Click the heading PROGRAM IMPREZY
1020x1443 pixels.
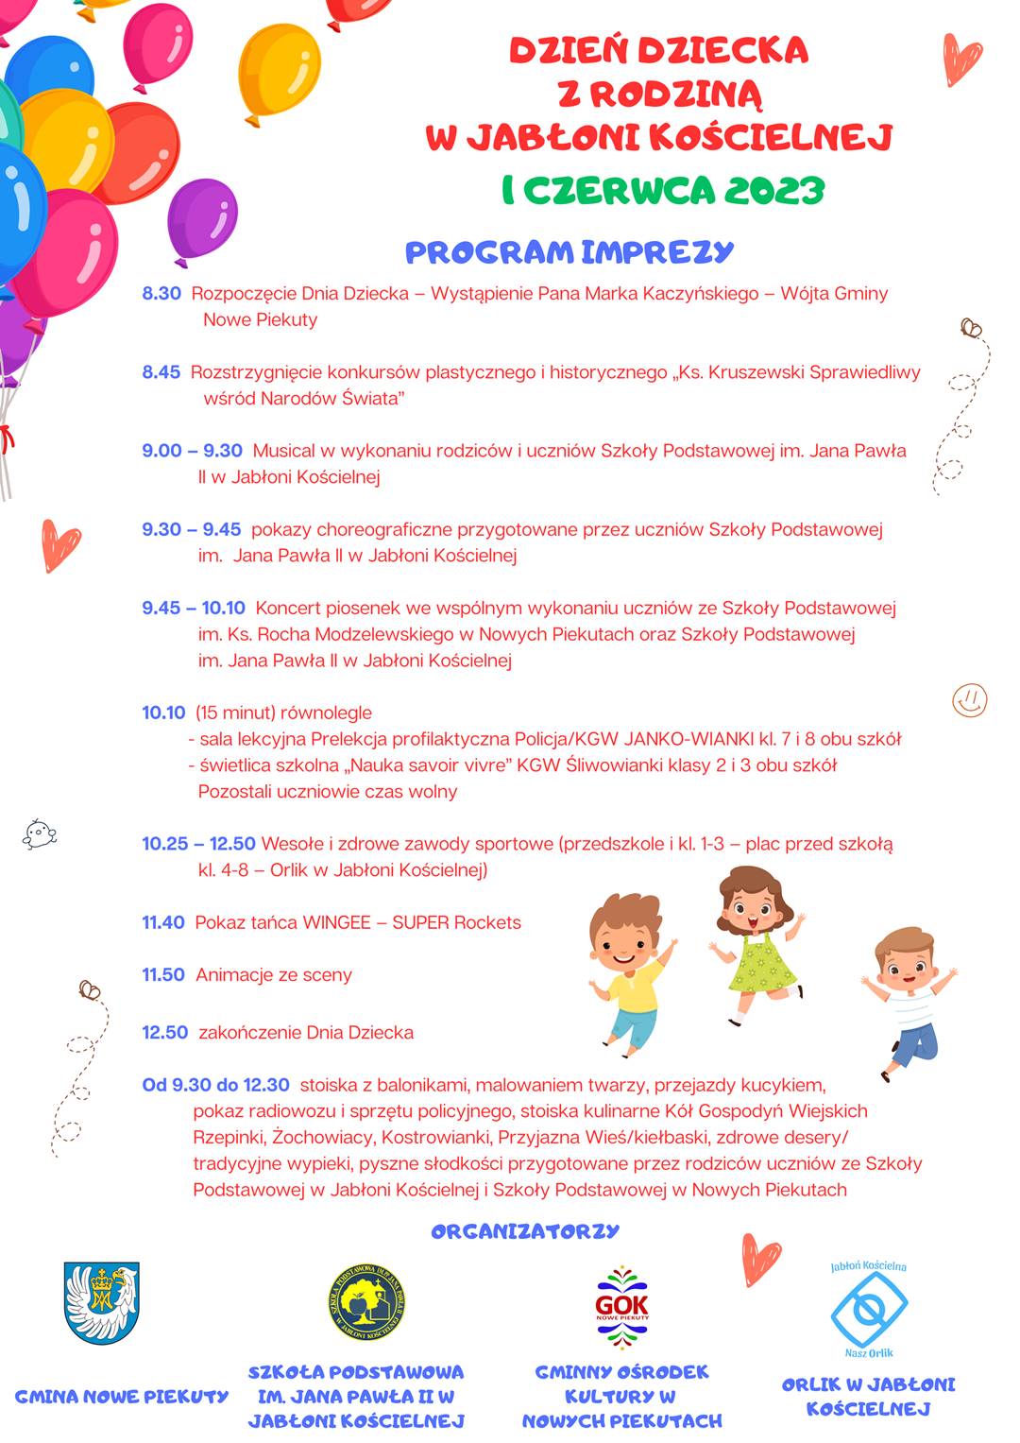point(569,252)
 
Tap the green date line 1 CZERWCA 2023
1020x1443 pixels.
point(663,190)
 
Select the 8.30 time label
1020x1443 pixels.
point(161,293)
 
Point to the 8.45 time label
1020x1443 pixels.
point(161,372)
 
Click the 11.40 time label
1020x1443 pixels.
point(163,922)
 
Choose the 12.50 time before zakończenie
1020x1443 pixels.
point(165,1033)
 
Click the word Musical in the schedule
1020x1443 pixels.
point(283,451)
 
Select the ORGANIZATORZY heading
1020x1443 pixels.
point(525,1231)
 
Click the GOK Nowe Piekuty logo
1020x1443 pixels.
point(622,1307)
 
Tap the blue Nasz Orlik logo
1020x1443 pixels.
point(869,1310)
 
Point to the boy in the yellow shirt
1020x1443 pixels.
point(629,973)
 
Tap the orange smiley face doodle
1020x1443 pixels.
point(969,700)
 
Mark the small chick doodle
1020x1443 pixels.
point(40,833)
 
